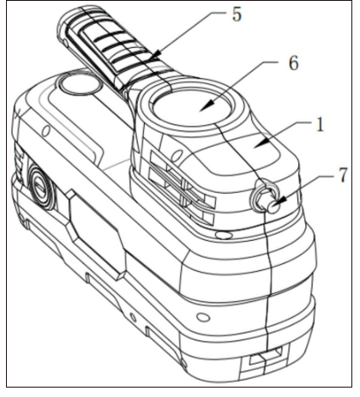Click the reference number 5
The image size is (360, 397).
[237, 15]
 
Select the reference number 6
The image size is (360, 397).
[293, 63]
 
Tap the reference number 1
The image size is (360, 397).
[321, 124]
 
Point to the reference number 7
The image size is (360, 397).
[343, 175]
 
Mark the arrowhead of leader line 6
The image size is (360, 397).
[207, 105]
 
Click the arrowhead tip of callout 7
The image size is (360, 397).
[274, 203]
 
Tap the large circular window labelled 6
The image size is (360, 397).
[192, 107]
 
